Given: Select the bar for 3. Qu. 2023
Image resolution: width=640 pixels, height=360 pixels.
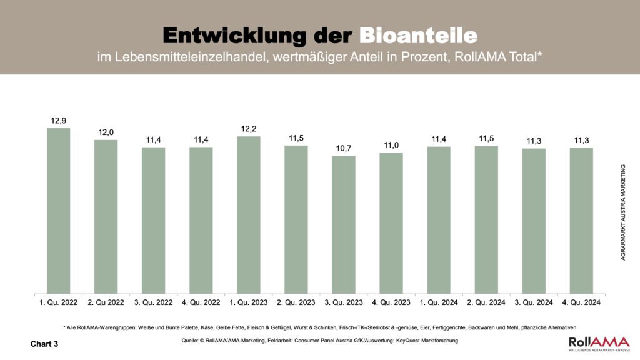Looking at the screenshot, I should coord(343,224).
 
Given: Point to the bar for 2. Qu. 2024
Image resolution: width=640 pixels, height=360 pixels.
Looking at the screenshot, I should coord(486,219).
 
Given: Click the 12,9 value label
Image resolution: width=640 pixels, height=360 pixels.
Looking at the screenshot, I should coord(58,120).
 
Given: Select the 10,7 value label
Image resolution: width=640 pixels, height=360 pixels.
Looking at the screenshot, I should coord(343,147).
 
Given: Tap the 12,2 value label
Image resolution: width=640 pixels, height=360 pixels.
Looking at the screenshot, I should coord(248,128).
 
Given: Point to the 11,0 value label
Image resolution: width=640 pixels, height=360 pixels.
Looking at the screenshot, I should coord(391,144).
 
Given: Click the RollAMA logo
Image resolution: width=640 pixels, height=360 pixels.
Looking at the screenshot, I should coord(599,343).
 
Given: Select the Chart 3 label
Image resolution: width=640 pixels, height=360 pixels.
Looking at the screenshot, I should coord(44,344).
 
